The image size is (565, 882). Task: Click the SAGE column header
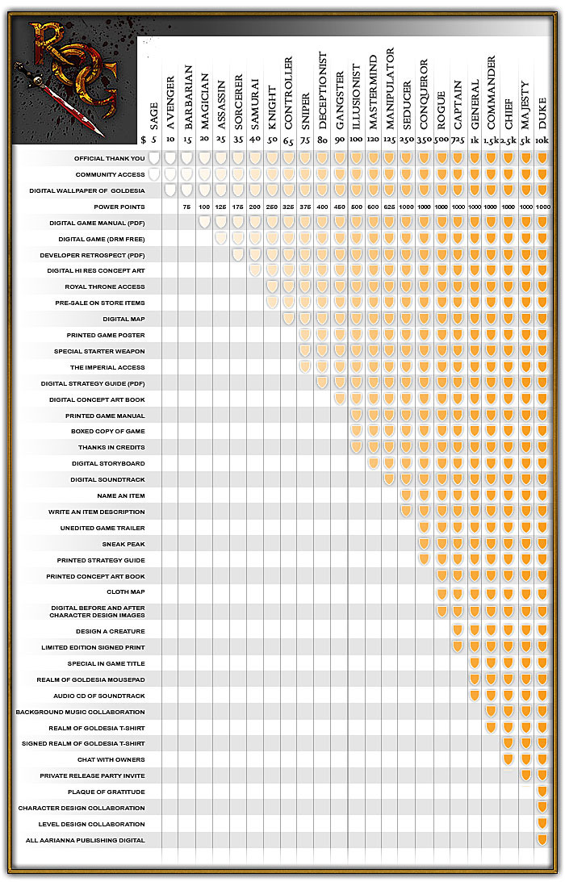(x=153, y=113)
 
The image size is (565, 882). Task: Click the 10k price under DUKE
(x=542, y=140)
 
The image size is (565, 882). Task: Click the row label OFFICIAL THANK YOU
(x=110, y=159)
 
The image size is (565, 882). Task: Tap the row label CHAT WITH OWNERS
(x=111, y=759)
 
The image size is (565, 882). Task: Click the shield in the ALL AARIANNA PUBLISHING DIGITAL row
(x=542, y=840)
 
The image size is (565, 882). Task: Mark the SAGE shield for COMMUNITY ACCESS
(x=153, y=174)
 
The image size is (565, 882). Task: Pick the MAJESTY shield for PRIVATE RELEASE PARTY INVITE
(x=525, y=775)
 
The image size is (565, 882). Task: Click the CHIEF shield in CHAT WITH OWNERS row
(x=508, y=759)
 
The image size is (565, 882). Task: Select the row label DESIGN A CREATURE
(x=111, y=631)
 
